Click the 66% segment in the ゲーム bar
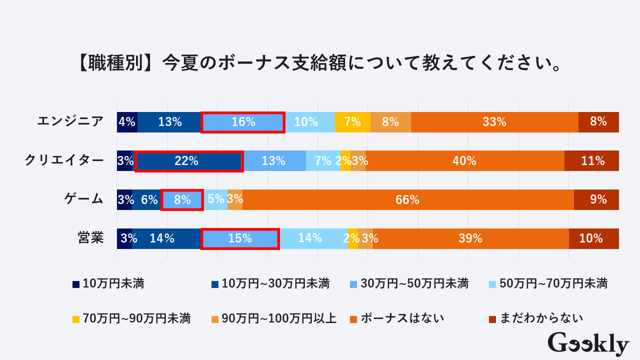click(407, 200)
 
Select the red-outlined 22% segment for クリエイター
click(188, 161)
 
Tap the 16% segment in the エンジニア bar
click(243, 122)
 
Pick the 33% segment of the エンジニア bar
click(494, 122)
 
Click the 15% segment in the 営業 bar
click(240, 238)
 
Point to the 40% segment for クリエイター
click(464, 161)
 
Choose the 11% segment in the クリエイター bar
click(591, 161)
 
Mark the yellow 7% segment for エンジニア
click(352, 122)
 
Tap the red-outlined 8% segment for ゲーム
click(182, 200)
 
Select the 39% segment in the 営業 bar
click(470, 238)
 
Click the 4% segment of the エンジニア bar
click(127, 122)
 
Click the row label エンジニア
click(70, 121)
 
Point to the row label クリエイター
click(64, 160)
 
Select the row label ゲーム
click(83, 199)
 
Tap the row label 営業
click(90, 238)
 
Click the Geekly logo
click(588, 343)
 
